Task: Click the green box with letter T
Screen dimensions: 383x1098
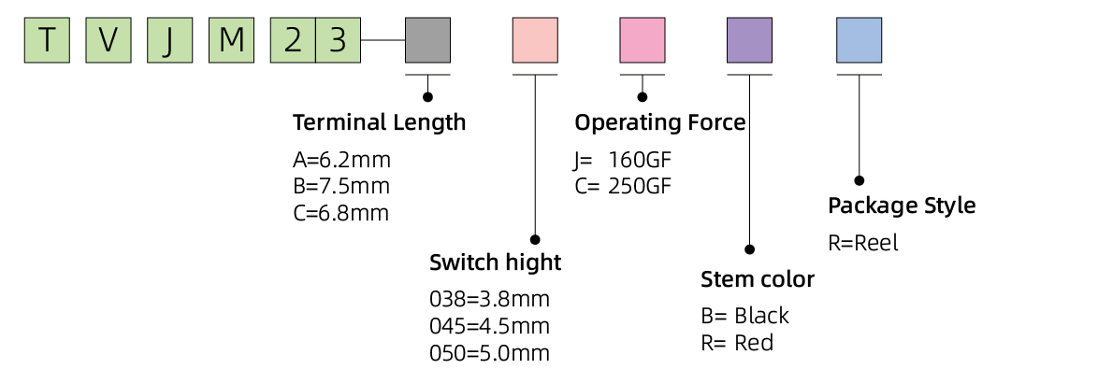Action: point(47,40)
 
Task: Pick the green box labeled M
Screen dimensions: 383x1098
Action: point(231,40)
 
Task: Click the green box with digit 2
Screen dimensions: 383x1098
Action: point(293,40)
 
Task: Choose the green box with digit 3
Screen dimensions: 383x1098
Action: point(338,40)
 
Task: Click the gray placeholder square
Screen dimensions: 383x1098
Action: point(427,40)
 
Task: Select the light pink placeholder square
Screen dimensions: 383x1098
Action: point(535,40)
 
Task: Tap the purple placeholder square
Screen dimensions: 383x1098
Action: point(749,40)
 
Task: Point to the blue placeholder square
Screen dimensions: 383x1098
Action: point(859,40)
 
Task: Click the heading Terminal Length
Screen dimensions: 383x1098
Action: point(379,122)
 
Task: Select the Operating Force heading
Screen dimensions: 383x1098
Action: point(659,122)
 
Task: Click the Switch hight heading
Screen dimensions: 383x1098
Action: point(495,262)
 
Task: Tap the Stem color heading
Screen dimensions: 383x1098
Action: point(758,279)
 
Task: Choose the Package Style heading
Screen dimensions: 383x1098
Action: point(902,206)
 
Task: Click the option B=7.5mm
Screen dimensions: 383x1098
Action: point(341,185)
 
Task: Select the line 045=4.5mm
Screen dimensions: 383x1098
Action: point(489,327)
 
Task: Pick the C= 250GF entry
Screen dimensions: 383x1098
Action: point(623,185)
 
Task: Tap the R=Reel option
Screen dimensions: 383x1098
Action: point(863,244)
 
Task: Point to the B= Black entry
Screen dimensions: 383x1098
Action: point(744,316)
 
